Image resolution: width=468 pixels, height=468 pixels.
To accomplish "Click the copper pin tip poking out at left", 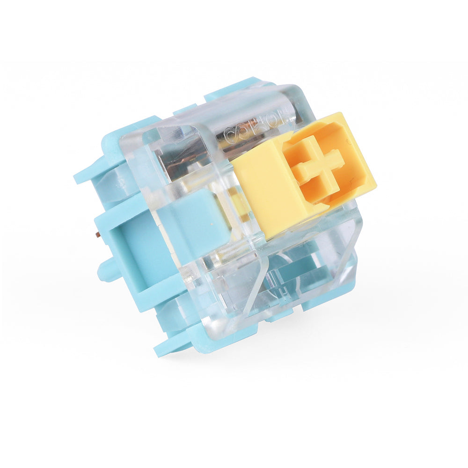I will pos(97,234).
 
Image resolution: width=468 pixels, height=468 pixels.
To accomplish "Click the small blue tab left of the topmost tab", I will pos(185,110).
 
